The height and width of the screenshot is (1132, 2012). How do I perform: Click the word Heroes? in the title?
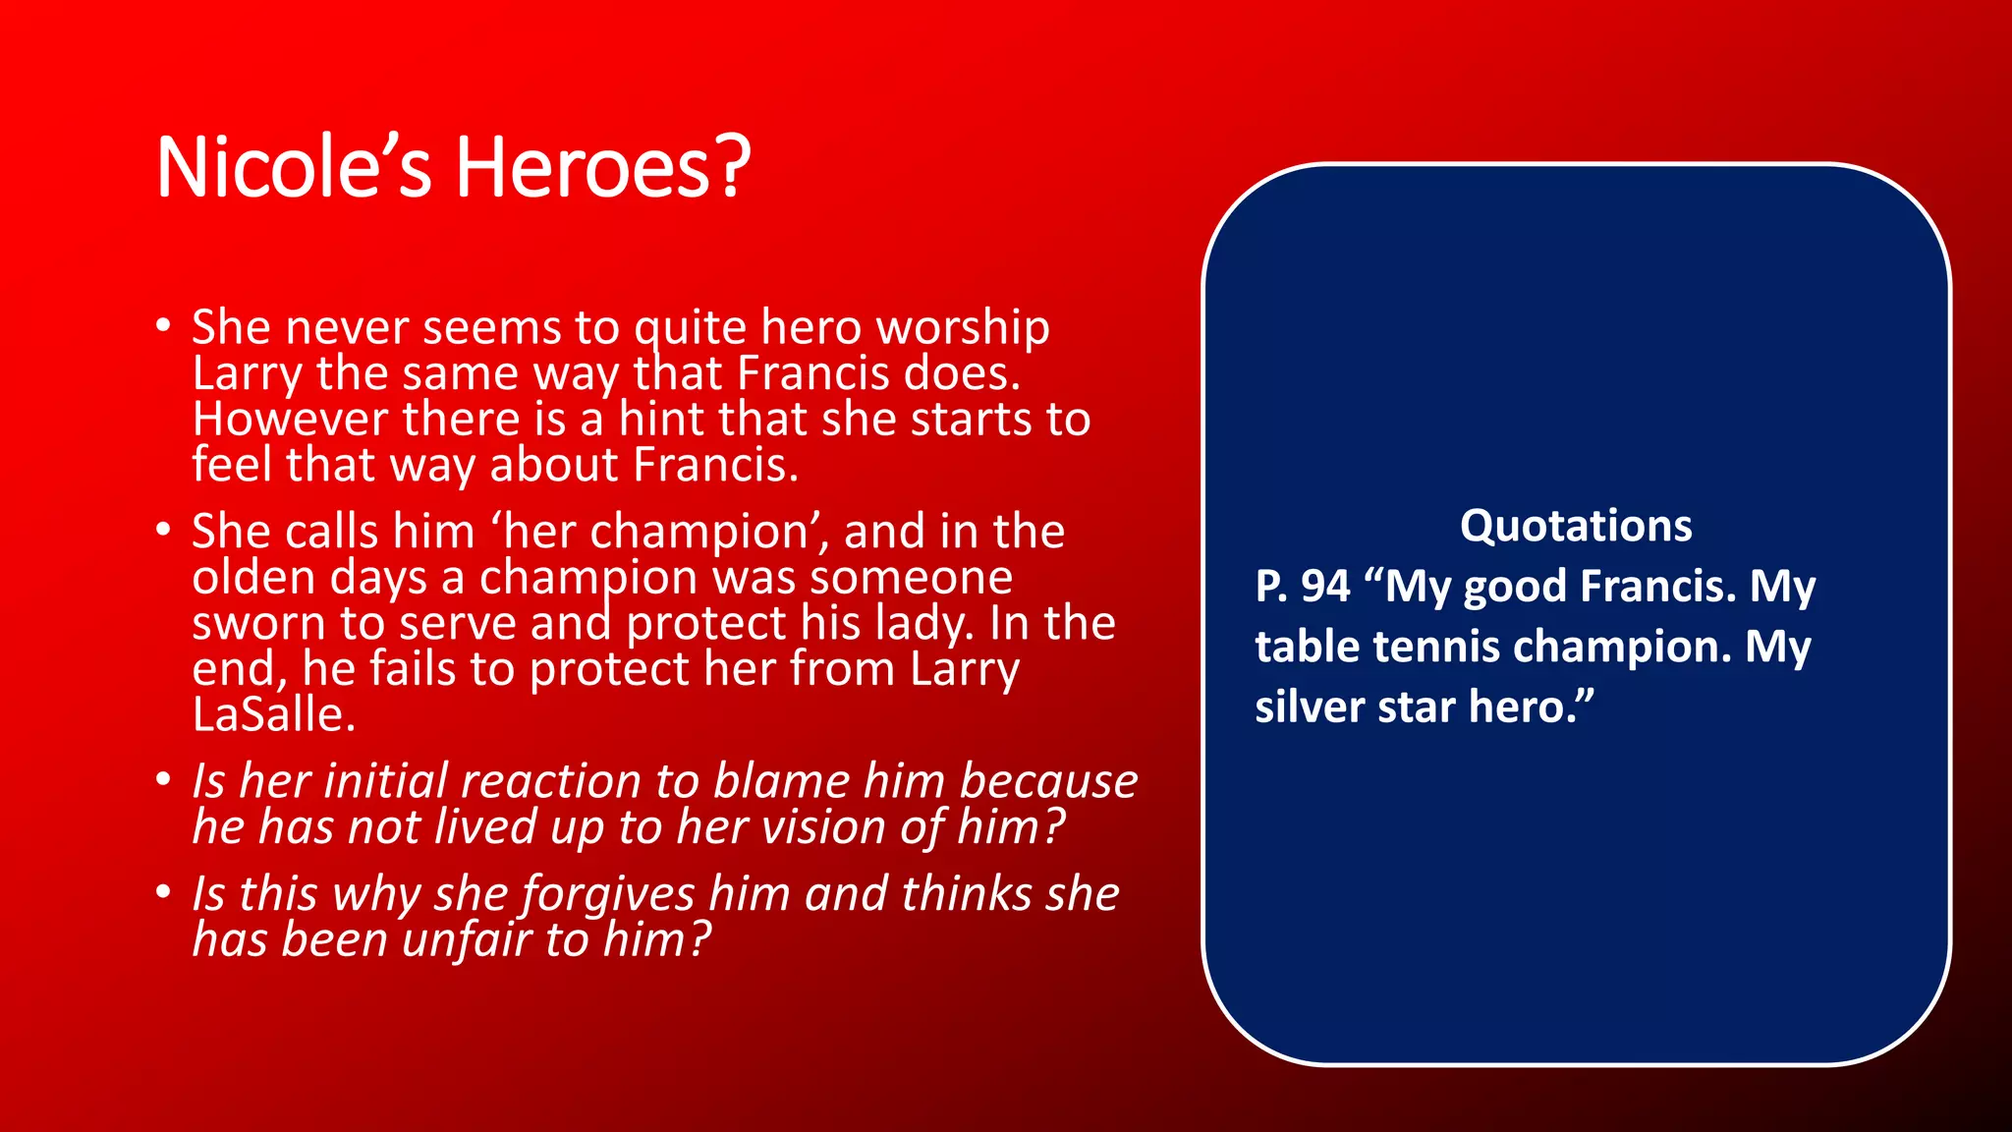coord(602,167)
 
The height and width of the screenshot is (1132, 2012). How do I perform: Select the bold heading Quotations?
coord(1576,526)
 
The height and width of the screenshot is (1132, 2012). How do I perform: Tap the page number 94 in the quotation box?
coord(1325,587)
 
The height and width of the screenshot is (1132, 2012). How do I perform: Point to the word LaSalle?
coord(273,715)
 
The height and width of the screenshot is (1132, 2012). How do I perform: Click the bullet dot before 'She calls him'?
coord(164,531)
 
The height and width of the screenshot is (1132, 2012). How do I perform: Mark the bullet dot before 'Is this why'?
coord(164,893)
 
